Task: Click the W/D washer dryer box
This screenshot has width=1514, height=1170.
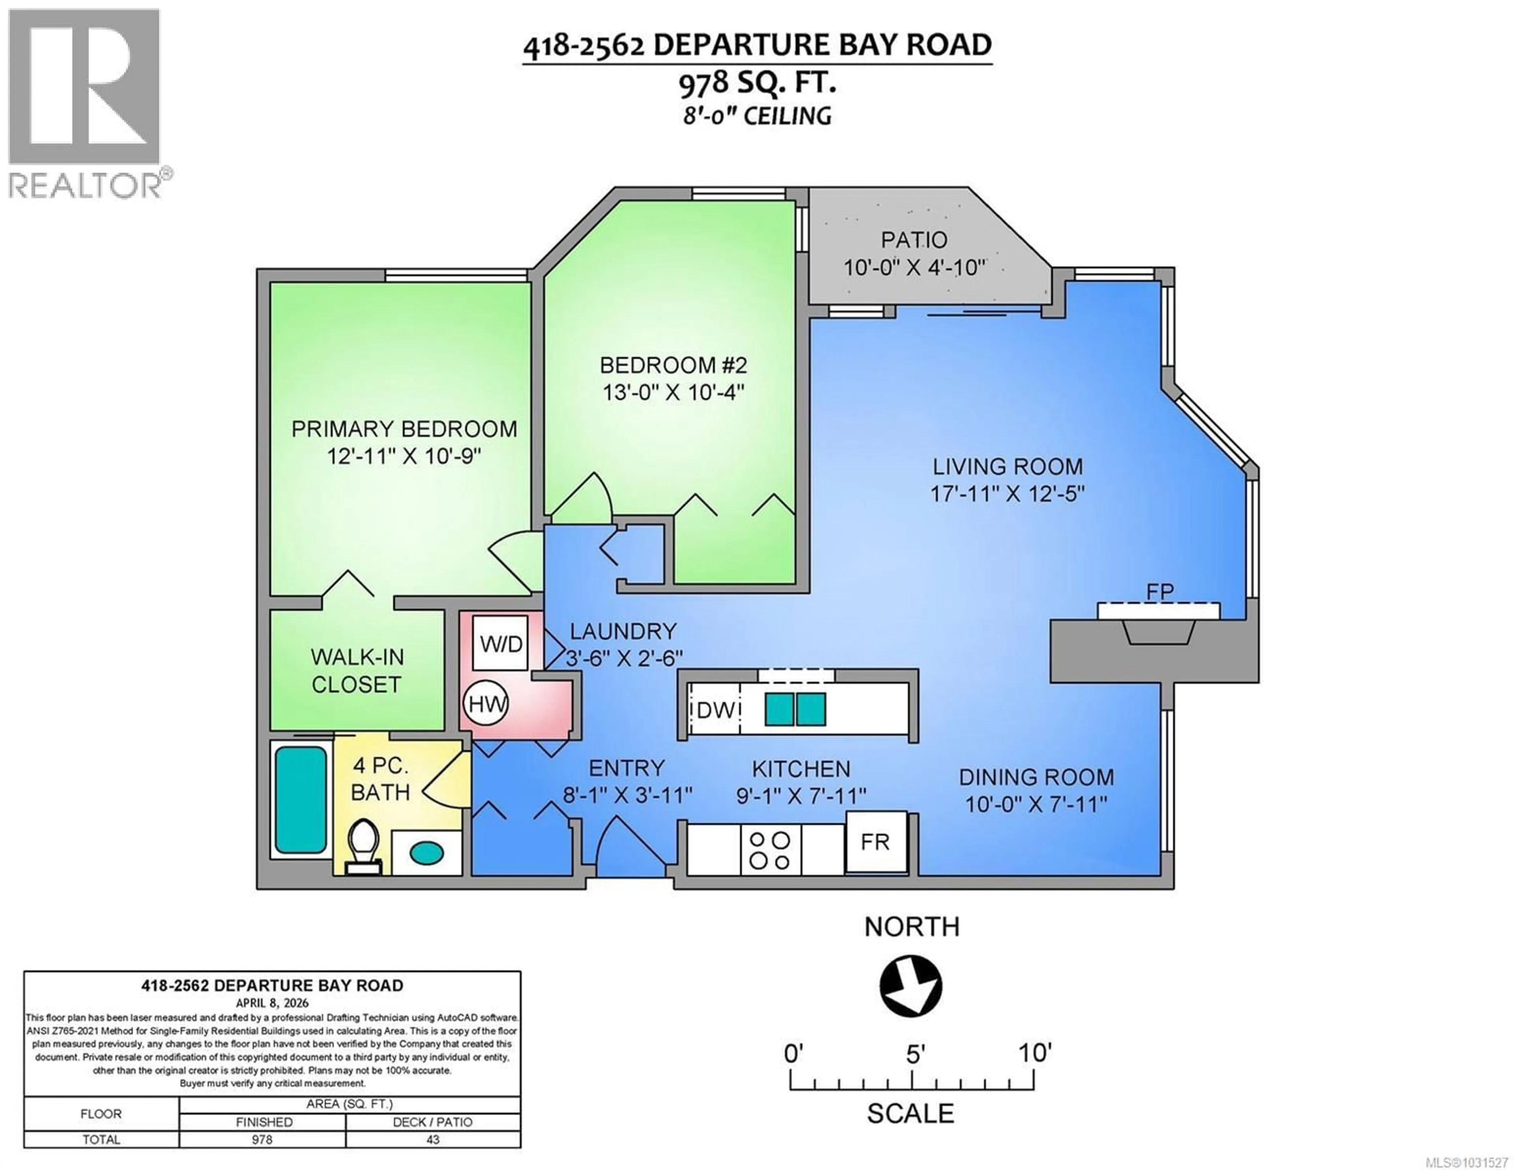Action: [500, 644]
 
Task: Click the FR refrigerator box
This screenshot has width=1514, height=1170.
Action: [876, 842]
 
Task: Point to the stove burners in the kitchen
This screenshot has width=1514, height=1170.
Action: [770, 850]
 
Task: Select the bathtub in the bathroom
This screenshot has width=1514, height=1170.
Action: [301, 800]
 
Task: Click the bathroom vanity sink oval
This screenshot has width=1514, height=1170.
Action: [426, 852]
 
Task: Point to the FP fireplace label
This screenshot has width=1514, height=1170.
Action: [1160, 592]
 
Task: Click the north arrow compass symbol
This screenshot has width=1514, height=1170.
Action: [911, 986]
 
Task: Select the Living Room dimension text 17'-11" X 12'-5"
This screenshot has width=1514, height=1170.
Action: [1007, 494]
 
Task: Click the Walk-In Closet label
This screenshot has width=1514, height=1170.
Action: [356, 671]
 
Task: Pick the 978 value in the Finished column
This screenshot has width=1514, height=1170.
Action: [262, 1140]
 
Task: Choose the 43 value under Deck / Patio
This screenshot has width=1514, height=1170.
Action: [433, 1140]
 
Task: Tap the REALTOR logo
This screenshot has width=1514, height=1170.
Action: [85, 102]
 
